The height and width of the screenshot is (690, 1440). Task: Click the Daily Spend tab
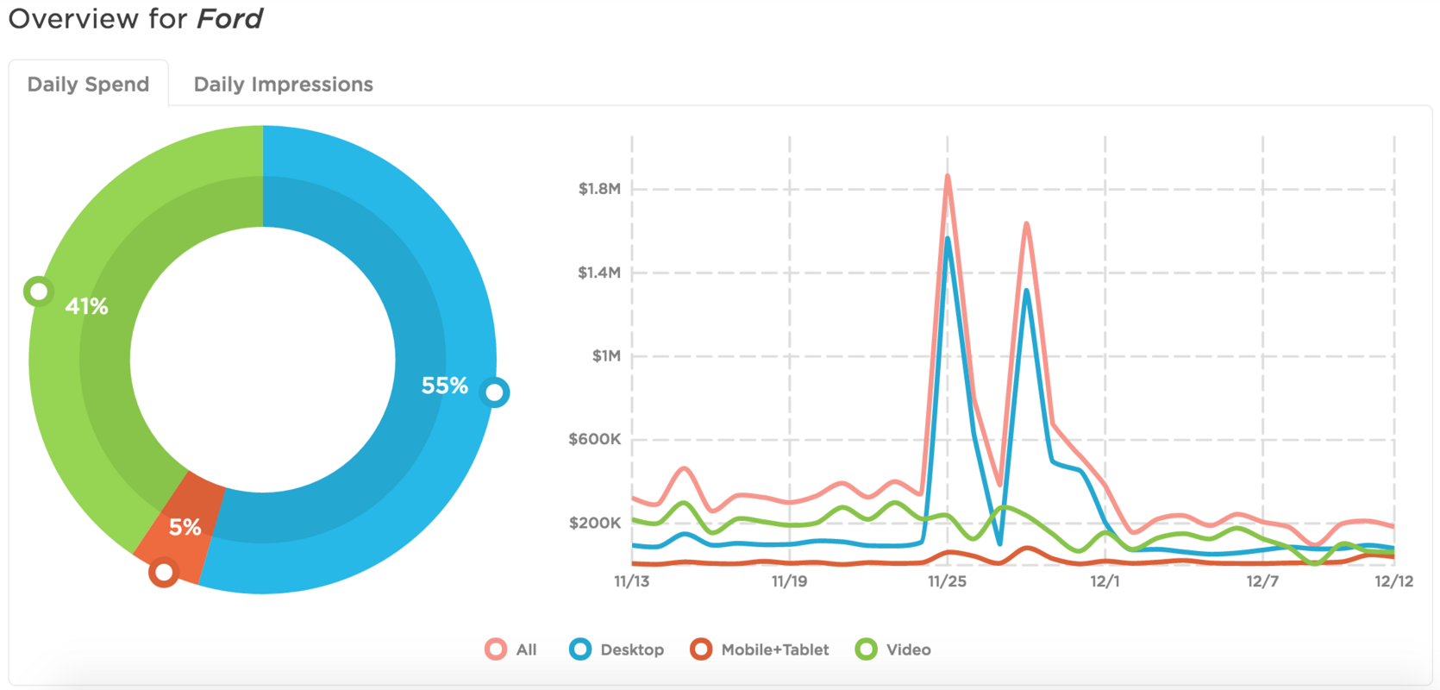(x=88, y=85)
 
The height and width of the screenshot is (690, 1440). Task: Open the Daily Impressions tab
(x=283, y=85)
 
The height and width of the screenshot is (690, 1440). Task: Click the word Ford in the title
(x=229, y=18)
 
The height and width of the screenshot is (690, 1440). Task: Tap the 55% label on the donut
(x=444, y=386)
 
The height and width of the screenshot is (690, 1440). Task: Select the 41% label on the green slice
(x=86, y=306)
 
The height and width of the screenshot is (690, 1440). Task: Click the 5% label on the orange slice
(x=185, y=527)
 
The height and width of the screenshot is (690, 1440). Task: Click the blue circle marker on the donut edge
(x=495, y=392)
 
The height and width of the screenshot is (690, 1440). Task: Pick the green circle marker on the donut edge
(x=38, y=292)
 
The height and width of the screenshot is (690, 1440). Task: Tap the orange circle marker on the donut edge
(x=163, y=572)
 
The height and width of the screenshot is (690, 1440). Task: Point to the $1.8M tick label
(x=599, y=189)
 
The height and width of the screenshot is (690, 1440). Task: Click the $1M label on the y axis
(x=606, y=356)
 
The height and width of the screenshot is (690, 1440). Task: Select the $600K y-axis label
(x=594, y=439)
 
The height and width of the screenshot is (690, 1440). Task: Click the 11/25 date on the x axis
(x=947, y=581)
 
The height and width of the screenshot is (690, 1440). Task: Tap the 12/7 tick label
(x=1262, y=581)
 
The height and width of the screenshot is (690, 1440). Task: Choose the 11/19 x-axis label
(x=789, y=581)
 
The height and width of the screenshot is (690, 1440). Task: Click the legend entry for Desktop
(x=617, y=649)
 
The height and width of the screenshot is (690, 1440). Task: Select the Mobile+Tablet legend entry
(x=761, y=649)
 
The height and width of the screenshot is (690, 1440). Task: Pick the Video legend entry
(x=894, y=649)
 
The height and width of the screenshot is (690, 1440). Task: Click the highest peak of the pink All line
(x=948, y=176)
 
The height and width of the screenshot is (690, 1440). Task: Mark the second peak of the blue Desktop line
(x=1026, y=291)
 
